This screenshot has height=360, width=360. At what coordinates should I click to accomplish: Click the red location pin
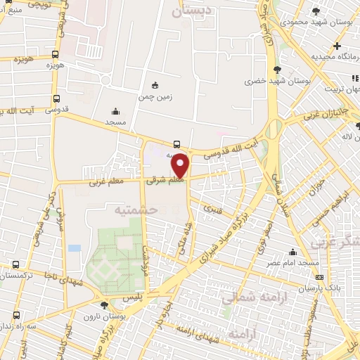tap(181, 165)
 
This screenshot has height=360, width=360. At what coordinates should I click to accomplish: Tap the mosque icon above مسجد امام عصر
tap(293, 252)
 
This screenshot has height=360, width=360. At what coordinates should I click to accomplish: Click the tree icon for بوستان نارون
tap(104, 305)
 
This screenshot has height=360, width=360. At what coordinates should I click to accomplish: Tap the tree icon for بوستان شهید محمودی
tap(316, 11)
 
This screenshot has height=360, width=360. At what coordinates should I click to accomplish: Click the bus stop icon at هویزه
tap(56, 54)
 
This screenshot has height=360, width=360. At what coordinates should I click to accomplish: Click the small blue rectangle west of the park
tap(75, 248)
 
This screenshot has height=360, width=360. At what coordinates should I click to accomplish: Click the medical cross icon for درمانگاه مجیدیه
tap(337, 46)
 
